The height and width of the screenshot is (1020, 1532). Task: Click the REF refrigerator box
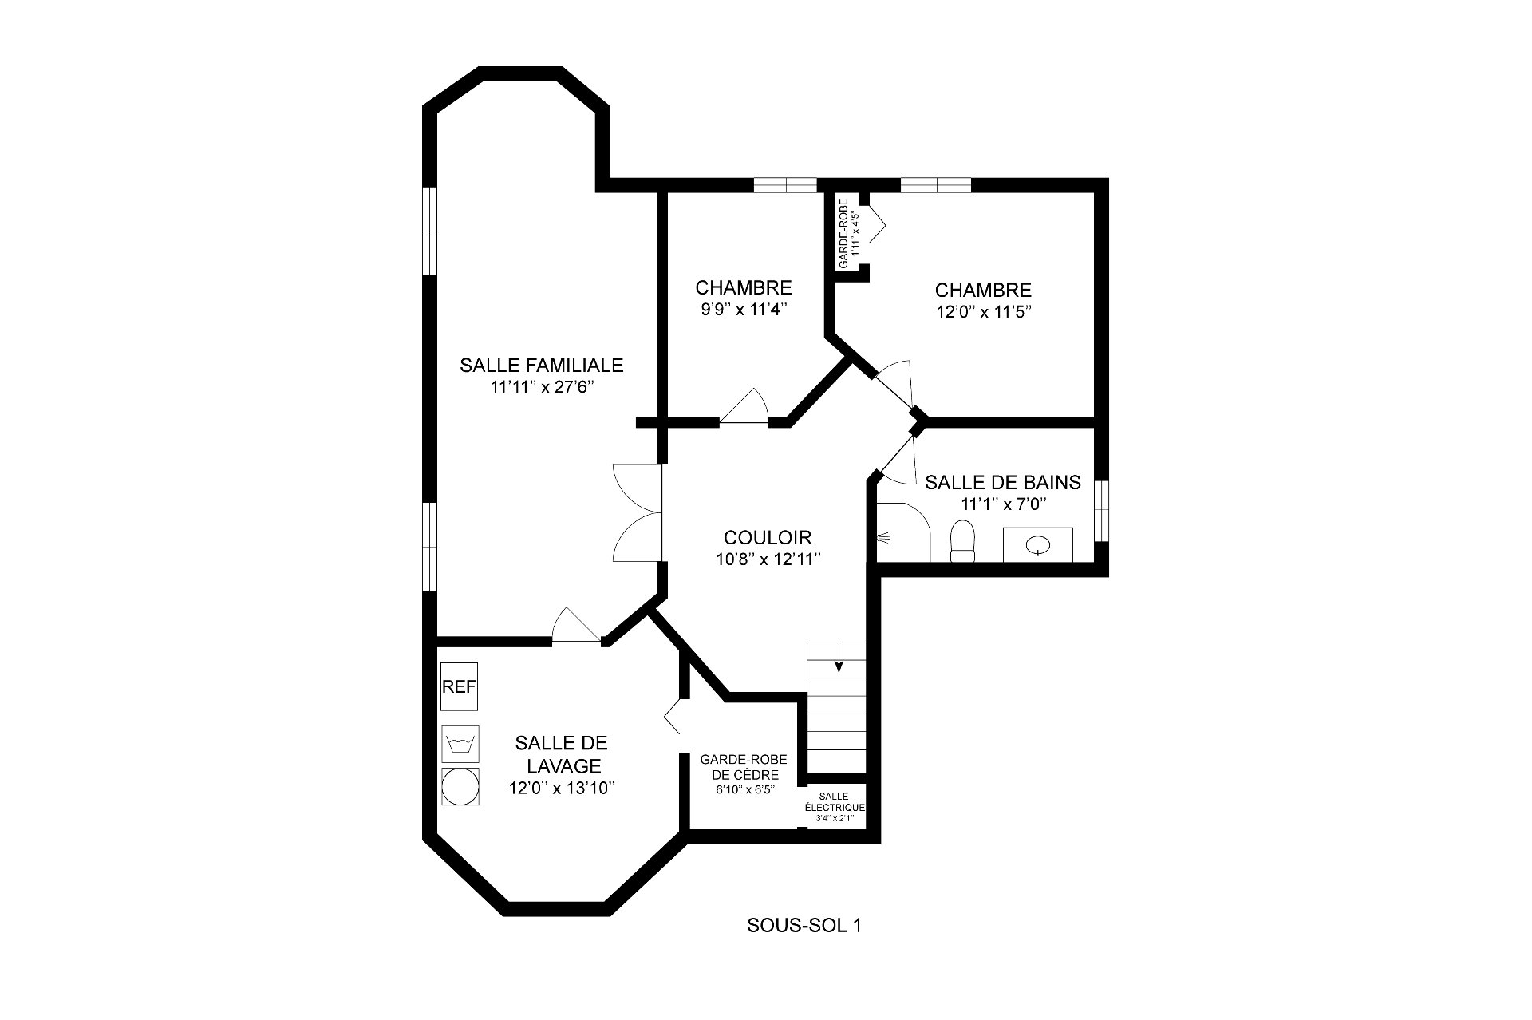point(460,686)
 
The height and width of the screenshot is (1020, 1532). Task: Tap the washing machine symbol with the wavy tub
point(460,744)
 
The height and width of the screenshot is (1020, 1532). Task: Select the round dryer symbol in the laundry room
point(460,787)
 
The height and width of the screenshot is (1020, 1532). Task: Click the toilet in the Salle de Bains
point(964,542)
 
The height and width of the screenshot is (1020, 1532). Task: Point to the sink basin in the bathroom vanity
point(1038,545)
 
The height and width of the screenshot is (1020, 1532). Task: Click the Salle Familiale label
point(541,366)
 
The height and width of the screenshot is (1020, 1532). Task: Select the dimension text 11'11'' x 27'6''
point(543,388)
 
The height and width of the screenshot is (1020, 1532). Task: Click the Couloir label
point(768,537)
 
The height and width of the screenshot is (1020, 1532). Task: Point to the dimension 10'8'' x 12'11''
point(768,559)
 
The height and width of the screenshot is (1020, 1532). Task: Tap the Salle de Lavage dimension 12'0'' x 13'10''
point(562,789)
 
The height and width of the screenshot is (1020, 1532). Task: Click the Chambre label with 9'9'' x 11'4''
point(744,288)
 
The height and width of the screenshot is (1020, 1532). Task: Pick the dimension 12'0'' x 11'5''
point(984,312)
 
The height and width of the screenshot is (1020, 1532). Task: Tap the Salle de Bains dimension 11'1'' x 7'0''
point(1004,504)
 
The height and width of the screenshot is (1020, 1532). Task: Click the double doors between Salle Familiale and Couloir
point(638,512)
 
